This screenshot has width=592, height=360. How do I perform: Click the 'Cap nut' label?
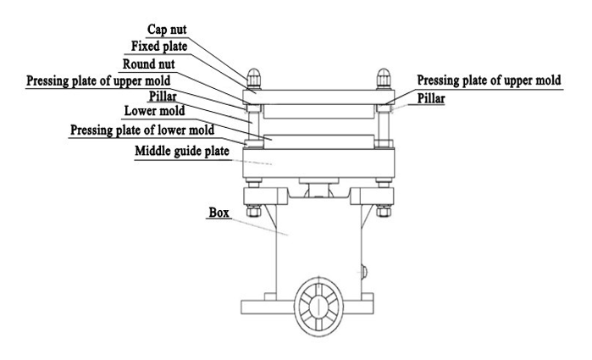pos(167,30)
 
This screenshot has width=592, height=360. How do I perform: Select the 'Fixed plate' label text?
pos(159,47)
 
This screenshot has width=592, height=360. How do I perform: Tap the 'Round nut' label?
pos(149,64)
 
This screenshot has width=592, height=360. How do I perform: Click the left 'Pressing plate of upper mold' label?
pos(98,80)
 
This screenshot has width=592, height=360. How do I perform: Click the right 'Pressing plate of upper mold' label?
pos(489,80)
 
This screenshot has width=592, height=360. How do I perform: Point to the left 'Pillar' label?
pos(163,97)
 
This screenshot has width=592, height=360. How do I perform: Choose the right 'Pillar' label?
pos(431,98)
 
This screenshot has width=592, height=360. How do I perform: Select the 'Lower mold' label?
pos(154,111)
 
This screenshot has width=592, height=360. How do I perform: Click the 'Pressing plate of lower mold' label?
pos(142,130)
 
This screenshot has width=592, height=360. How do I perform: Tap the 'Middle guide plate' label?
pos(182,151)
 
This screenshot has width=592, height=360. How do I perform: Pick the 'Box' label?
pos(219,213)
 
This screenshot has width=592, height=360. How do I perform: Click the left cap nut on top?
pos(253,79)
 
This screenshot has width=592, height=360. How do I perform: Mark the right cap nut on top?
pos(384,79)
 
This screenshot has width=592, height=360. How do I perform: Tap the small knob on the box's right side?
pos(364,272)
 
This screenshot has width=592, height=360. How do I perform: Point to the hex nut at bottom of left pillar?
pos(254,211)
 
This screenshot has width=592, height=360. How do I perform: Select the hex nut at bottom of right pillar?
pos(384,211)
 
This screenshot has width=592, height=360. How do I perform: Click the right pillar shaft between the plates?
pos(384,126)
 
